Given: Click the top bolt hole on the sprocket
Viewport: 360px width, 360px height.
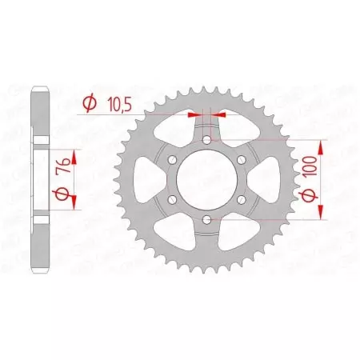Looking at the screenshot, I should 206,141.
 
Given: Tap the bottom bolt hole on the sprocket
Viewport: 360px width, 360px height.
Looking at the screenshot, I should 206,219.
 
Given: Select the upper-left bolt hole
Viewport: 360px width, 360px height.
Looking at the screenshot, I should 173,161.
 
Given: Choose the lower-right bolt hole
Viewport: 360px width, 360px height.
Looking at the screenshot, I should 240,200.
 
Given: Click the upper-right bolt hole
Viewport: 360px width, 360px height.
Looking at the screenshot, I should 240,161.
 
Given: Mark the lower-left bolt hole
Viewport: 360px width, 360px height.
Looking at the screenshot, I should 173,200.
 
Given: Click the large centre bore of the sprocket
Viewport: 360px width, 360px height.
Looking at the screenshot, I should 206,180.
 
